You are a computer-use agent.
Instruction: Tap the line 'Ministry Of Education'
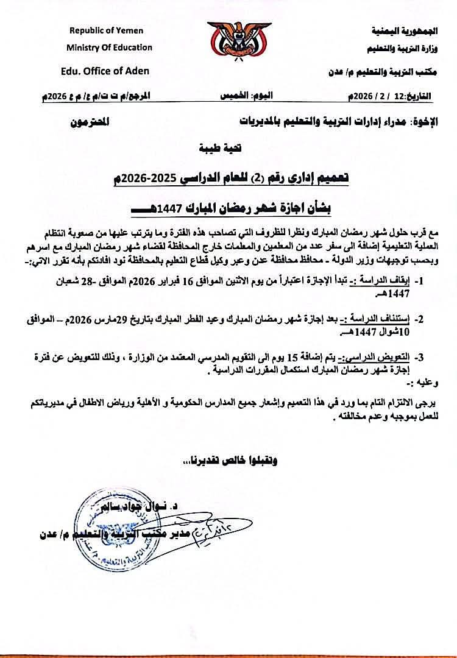110,48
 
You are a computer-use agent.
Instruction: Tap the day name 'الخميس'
234,97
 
